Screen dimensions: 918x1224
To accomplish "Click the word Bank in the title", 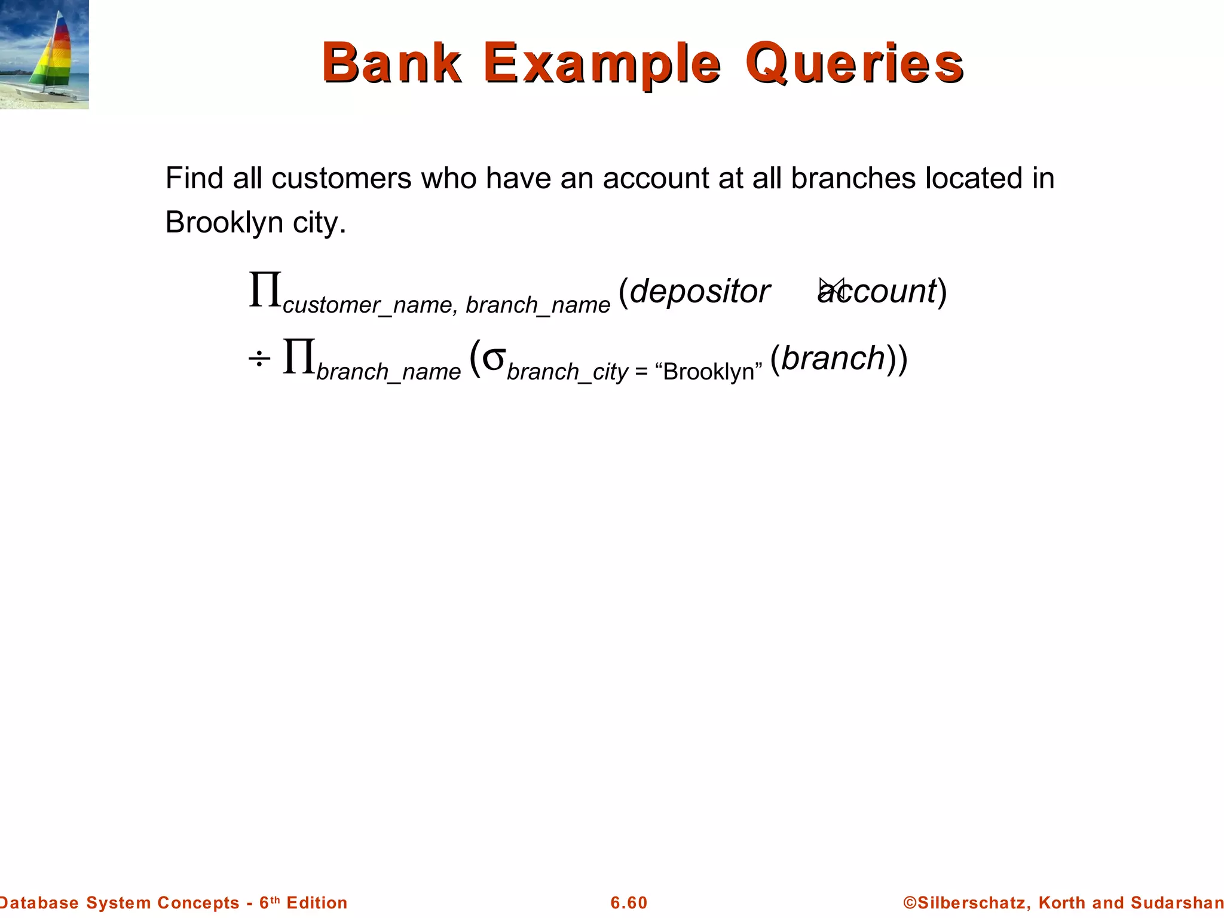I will point(391,63).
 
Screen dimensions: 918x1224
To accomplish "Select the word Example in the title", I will point(602,64).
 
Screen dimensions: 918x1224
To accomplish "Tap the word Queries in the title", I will point(854,64).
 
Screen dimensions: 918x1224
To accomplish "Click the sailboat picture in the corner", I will point(44,54).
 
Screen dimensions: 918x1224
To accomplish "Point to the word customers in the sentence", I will point(341,178).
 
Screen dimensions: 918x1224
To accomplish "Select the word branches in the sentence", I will point(853,178).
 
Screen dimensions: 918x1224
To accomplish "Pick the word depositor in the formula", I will point(700,292).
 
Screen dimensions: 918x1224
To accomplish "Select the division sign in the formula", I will point(259,359).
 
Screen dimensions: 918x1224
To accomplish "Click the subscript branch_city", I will point(567,372).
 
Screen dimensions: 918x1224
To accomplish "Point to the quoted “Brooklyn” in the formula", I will point(709,372).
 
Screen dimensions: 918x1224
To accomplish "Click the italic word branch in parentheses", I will point(833,358).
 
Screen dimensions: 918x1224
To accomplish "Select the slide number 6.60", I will point(629,902).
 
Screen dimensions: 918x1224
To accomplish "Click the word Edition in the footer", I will point(317,902).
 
